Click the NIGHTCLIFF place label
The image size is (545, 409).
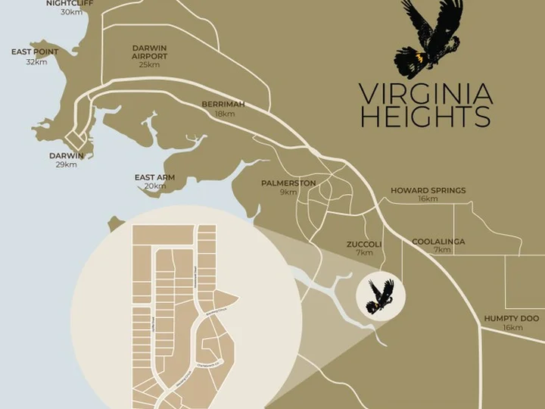71,3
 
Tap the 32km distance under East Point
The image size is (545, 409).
36,62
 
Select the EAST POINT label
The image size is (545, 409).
36,52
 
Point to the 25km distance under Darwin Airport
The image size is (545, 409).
149,65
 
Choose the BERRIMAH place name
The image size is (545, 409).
223,104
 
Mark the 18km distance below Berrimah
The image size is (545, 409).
225,114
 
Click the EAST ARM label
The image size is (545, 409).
154,177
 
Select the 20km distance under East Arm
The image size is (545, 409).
154,186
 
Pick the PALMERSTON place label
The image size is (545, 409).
288,183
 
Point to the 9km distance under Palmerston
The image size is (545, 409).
288,192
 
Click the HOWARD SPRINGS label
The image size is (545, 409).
428,190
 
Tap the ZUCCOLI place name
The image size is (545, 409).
364,245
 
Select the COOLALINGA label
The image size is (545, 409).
438,242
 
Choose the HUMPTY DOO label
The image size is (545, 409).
512,319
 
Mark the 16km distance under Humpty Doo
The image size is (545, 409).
512,328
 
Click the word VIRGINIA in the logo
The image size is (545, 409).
425,95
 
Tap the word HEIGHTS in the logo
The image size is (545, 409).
425,117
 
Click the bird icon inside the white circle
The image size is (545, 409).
379,296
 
